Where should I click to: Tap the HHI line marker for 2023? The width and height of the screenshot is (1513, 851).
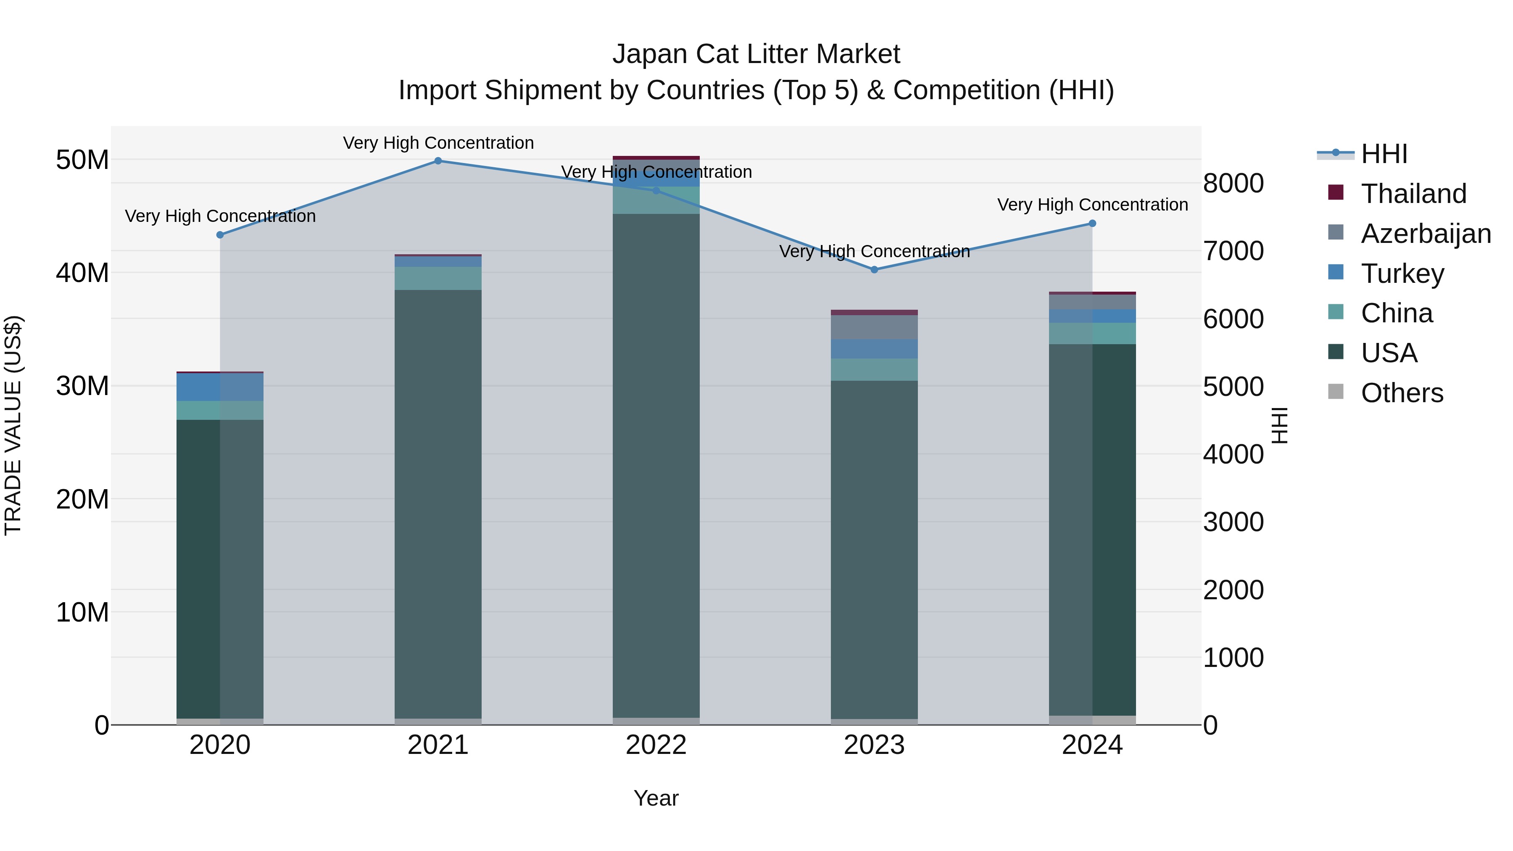pyautogui.click(x=874, y=269)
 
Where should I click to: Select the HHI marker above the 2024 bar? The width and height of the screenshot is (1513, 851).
pyautogui.click(x=1092, y=223)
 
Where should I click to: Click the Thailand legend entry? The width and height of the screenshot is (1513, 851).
pyautogui.click(x=1413, y=194)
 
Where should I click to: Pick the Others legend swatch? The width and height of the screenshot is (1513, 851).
pyautogui.click(x=1336, y=392)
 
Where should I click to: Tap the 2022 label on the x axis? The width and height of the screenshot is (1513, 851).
pyautogui.click(x=656, y=745)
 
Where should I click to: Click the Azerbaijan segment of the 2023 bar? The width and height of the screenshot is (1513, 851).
pyautogui.click(x=874, y=327)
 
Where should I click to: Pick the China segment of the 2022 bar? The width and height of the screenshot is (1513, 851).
pyautogui.click(x=656, y=200)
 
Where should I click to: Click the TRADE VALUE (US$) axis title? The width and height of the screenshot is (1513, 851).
pyautogui.click(x=13, y=425)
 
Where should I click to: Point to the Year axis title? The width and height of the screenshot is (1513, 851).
pyautogui.click(x=656, y=798)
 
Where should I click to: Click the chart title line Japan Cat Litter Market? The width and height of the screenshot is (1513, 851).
pyautogui.click(x=756, y=54)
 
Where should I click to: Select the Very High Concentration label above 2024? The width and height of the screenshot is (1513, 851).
pyautogui.click(x=1092, y=205)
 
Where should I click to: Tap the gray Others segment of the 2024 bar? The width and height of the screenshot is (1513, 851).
pyautogui.click(x=1092, y=720)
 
